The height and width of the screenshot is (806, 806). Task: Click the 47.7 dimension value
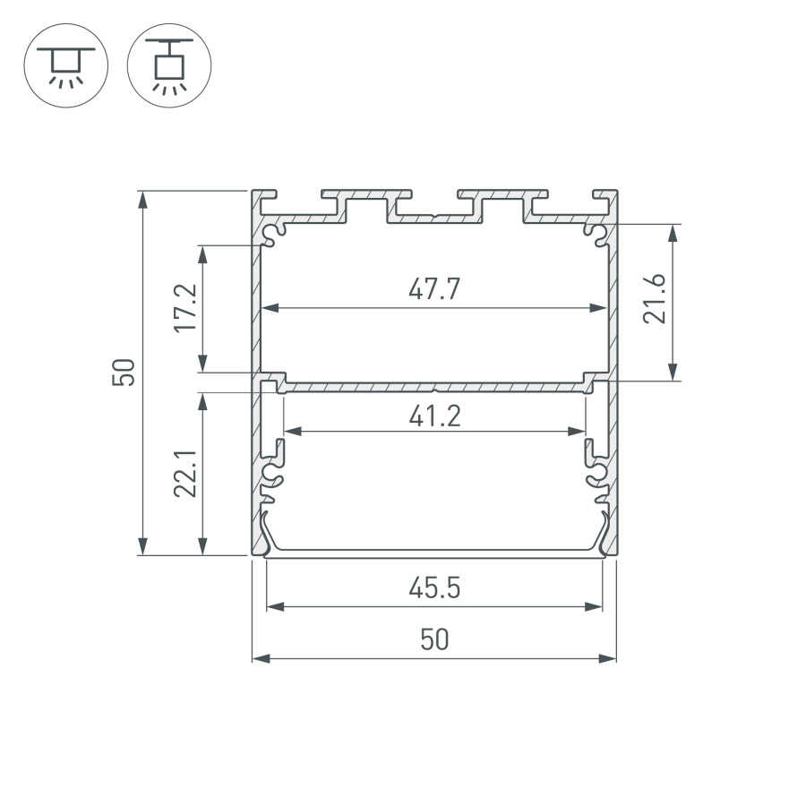[x=434, y=289]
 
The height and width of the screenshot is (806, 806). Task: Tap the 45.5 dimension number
[x=434, y=588]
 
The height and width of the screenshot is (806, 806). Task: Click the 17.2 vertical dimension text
[x=185, y=309]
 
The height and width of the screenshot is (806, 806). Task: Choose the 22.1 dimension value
[x=185, y=474]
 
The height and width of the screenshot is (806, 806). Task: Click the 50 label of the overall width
[x=434, y=639]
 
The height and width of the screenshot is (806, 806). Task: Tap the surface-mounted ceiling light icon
[x=65, y=65]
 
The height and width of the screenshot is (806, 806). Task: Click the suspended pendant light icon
[x=169, y=65]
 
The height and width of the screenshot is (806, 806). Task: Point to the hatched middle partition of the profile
[x=434, y=387]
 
